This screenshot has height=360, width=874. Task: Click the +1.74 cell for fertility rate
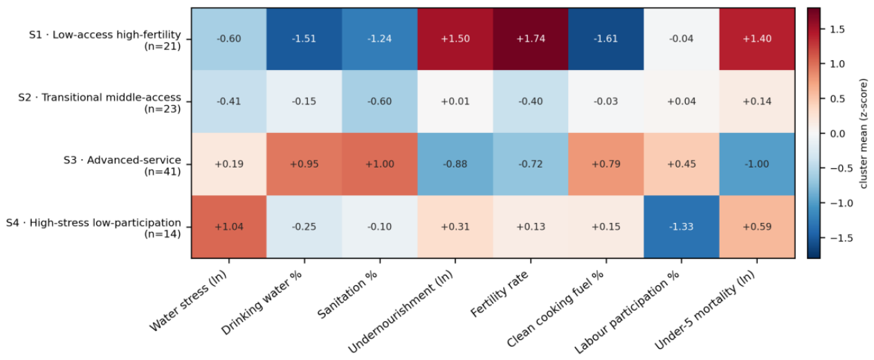531,39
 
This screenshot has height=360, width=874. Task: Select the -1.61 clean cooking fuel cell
606,39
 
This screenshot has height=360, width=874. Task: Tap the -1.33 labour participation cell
682,227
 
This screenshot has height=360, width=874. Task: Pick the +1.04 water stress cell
229,227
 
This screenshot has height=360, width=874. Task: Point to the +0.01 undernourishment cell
455,102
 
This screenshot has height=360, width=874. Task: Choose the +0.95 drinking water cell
304,164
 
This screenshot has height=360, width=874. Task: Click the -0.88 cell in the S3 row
455,164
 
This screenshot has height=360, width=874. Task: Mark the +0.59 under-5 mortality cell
757,227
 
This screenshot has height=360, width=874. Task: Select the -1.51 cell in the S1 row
304,39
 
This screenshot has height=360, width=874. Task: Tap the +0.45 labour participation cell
682,164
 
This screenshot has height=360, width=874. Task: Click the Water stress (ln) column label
188,300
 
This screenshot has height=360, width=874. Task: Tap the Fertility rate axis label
500,293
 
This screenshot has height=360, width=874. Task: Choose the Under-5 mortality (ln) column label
704,309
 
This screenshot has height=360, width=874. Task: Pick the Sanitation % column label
347,294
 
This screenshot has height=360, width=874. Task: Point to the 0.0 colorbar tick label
837,134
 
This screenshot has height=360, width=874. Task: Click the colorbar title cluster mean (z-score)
864,134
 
